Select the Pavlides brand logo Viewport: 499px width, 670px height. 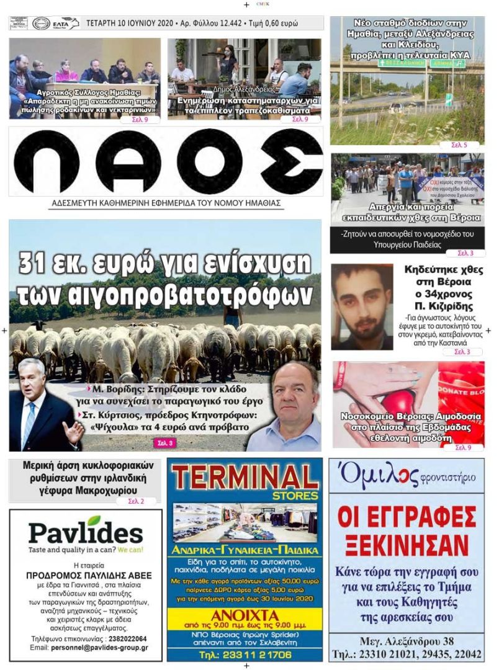[x=85, y=532]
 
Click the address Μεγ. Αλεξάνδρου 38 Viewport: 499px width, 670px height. [x=406, y=641]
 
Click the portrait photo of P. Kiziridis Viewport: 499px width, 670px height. [x=362, y=306]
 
